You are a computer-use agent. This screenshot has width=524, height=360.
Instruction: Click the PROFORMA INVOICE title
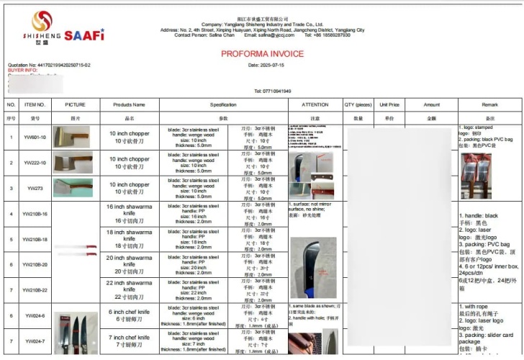[x=261, y=53]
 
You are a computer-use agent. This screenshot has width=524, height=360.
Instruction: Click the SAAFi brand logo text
[x=84, y=35]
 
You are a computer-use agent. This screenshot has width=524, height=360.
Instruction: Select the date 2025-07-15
[x=271, y=65]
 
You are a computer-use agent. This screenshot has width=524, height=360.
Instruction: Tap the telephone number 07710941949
[x=277, y=91]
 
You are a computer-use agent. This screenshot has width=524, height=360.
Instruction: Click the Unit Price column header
[x=389, y=104]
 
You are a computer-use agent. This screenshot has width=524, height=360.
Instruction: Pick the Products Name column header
[x=129, y=104]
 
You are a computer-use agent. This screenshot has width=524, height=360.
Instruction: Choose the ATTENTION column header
[x=315, y=104]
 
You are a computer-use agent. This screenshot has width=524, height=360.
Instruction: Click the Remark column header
[x=489, y=104]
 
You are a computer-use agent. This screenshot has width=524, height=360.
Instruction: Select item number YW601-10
[x=35, y=137]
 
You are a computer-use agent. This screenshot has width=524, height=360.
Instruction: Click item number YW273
[x=35, y=188]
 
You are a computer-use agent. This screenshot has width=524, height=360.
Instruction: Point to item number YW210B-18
[x=35, y=239]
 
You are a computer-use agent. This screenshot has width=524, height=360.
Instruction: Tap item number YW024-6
[x=35, y=316]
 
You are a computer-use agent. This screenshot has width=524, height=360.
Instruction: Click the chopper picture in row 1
[x=73, y=137]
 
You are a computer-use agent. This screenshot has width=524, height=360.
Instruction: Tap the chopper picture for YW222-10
[x=73, y=162]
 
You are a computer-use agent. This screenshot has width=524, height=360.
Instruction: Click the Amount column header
[x=431, y=104]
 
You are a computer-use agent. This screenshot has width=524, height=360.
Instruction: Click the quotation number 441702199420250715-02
[x=49, y=65]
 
